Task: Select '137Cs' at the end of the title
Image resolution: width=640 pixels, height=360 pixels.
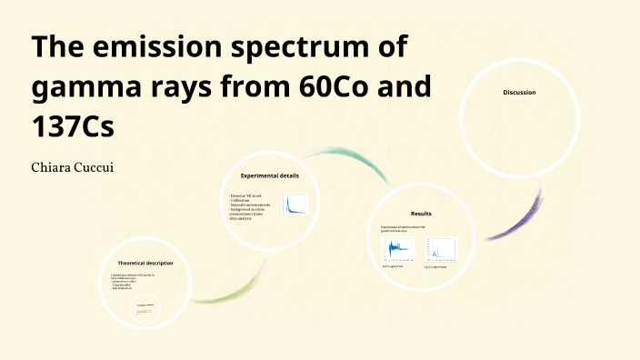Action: coord(74,126)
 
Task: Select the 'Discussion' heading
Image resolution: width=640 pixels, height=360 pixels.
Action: coord(519,93)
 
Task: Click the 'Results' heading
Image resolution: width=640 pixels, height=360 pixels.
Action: coord(421,213)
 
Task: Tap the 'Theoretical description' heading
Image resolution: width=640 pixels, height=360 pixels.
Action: coord(145,263)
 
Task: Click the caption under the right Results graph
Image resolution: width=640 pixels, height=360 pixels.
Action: coord(438,267)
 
